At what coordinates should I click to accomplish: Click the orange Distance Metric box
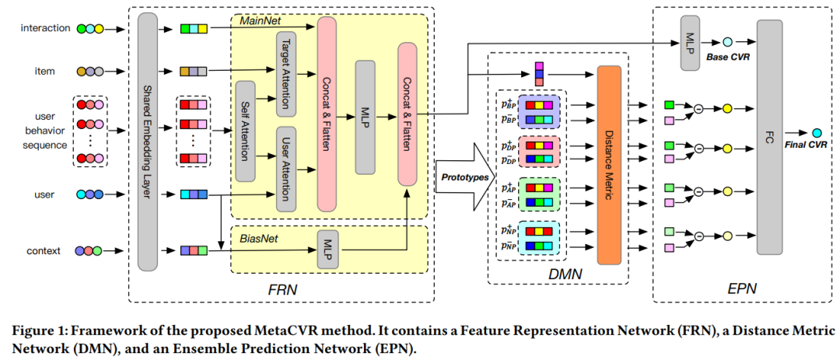[x=609, y=165]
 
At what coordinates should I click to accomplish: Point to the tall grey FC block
[x=769, y=136]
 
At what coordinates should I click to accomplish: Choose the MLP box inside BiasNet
[x=327, y=250]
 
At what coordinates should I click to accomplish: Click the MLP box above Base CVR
[x=690, y=42]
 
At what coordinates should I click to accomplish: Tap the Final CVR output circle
[x=816, y=133]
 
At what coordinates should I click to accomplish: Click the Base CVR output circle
[x=727, y=43]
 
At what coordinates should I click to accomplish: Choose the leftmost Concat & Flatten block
[x=327, y=113]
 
